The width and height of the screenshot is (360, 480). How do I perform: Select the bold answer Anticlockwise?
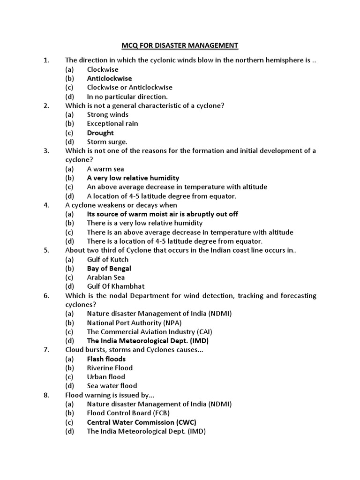tap(109, 78)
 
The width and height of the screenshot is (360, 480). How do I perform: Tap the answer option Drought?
tap(100, 133)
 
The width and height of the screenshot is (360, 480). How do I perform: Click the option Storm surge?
tap(107, 142)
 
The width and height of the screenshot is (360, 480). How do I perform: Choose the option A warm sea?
tap(105, 169)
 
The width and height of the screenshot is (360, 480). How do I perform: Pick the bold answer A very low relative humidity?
tap(133, 178)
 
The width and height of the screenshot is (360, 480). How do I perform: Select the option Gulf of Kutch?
tap(107, 259)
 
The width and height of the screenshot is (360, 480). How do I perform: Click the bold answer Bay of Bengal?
tap(109, 269)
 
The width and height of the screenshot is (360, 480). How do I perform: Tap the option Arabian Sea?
tap(105, 277)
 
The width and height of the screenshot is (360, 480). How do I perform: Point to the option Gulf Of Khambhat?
tap(115, 286)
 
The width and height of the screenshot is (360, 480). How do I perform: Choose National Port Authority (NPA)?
tap(134, 322)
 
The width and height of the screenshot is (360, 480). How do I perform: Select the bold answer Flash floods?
tap(106, 359)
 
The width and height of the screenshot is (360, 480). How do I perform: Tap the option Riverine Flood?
tap(110, 368)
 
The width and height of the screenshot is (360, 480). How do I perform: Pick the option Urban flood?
tap(106, 377)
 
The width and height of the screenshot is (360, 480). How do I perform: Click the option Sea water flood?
tap(112, 386)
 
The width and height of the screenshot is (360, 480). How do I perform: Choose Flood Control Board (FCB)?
tap(128, 413)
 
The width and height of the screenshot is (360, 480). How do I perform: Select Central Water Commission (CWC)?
tap(142, 422)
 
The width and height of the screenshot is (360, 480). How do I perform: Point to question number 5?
tap(46, 250)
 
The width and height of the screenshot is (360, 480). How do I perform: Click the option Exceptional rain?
tap(112, 124)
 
